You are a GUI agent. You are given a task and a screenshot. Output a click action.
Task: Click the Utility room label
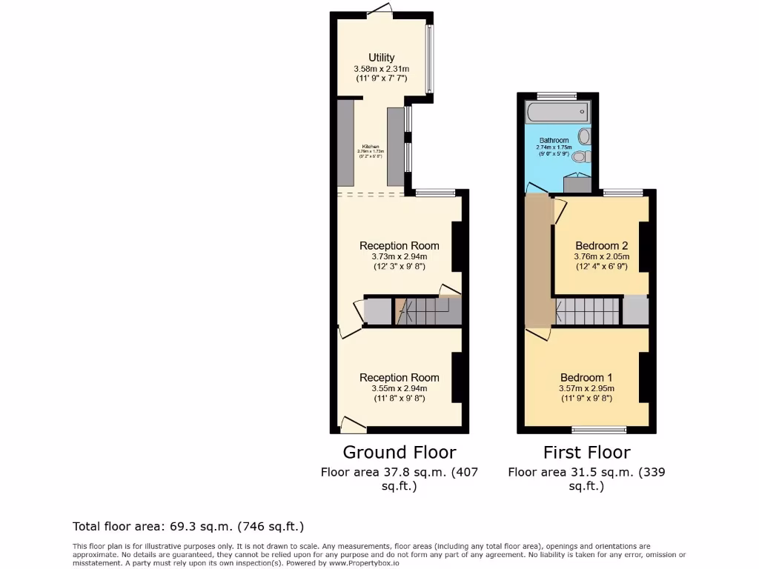pyautogui.click(x=382, y=58)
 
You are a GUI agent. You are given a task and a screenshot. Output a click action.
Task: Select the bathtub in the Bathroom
pyautogui.click(x=557, y=113)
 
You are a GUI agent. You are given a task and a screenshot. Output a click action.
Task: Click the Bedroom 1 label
pyautogui.click(x=586, y=376)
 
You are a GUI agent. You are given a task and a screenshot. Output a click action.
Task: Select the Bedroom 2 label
pyautogui.click(x=601, y=246)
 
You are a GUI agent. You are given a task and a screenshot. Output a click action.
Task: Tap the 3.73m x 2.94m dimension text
pyautogui.click(x=400, y=256)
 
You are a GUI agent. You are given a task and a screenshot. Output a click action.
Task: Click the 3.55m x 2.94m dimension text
pyautogui.click(x=400, y=388)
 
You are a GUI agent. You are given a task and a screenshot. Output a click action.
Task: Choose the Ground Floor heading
pyautogui.click(x=399, y=452)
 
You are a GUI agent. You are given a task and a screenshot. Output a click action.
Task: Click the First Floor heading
pyautogui.click(x=586, y=452)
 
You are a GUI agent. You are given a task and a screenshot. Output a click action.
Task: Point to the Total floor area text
pyautogui.click(x=188, y=527)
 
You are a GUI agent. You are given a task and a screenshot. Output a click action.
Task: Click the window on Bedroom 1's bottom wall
pyautogui.click(x=599, y=429)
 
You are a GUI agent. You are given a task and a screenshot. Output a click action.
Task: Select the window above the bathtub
pyautogui.click(x=557, y=96)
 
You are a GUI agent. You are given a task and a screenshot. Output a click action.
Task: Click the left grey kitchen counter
pyautogui.click(x=345, y=143)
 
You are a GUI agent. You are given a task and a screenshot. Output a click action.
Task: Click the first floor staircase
pyautogui.click(x=587, y=311)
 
